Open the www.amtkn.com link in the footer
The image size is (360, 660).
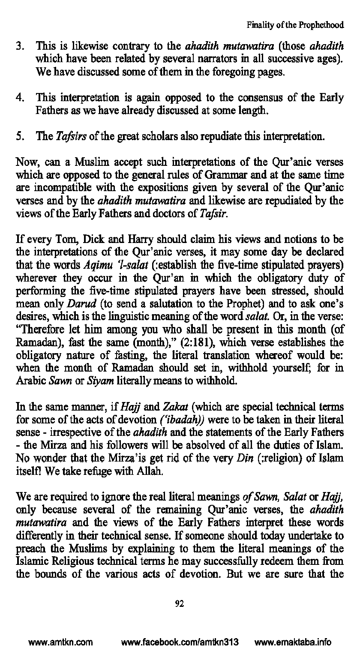(60, 643)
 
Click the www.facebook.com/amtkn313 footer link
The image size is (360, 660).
(180, 643)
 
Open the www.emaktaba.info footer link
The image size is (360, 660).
(293, 643)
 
